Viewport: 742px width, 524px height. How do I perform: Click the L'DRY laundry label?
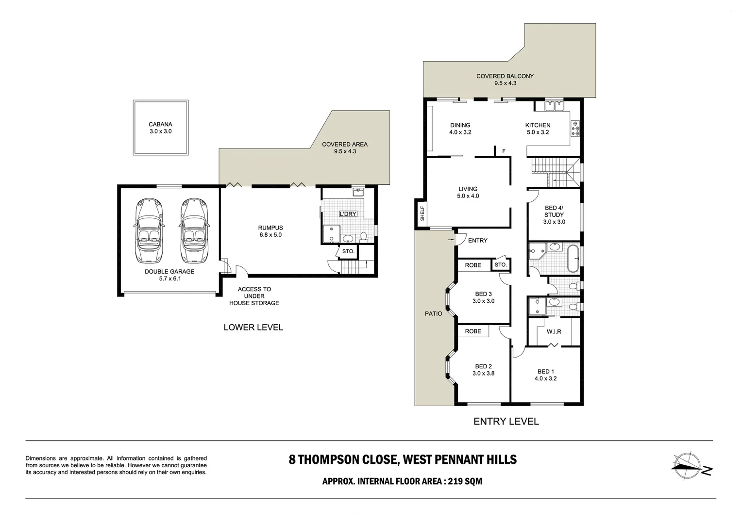point(348,214)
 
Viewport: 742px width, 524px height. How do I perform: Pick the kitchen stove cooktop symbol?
point(575,128)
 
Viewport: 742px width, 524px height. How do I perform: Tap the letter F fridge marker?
point(504,151)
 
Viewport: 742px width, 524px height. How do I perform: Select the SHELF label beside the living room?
point(422,213)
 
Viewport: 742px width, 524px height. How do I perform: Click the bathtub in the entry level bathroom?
point(573,258)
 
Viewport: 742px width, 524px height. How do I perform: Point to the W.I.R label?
point(554,331)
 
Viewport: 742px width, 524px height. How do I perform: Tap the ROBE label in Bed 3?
point(473,265)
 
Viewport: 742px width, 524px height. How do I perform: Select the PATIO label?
point(433,313)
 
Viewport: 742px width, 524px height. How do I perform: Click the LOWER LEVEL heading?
point(253,327)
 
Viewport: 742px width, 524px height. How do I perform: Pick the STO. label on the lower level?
point(348,251)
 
